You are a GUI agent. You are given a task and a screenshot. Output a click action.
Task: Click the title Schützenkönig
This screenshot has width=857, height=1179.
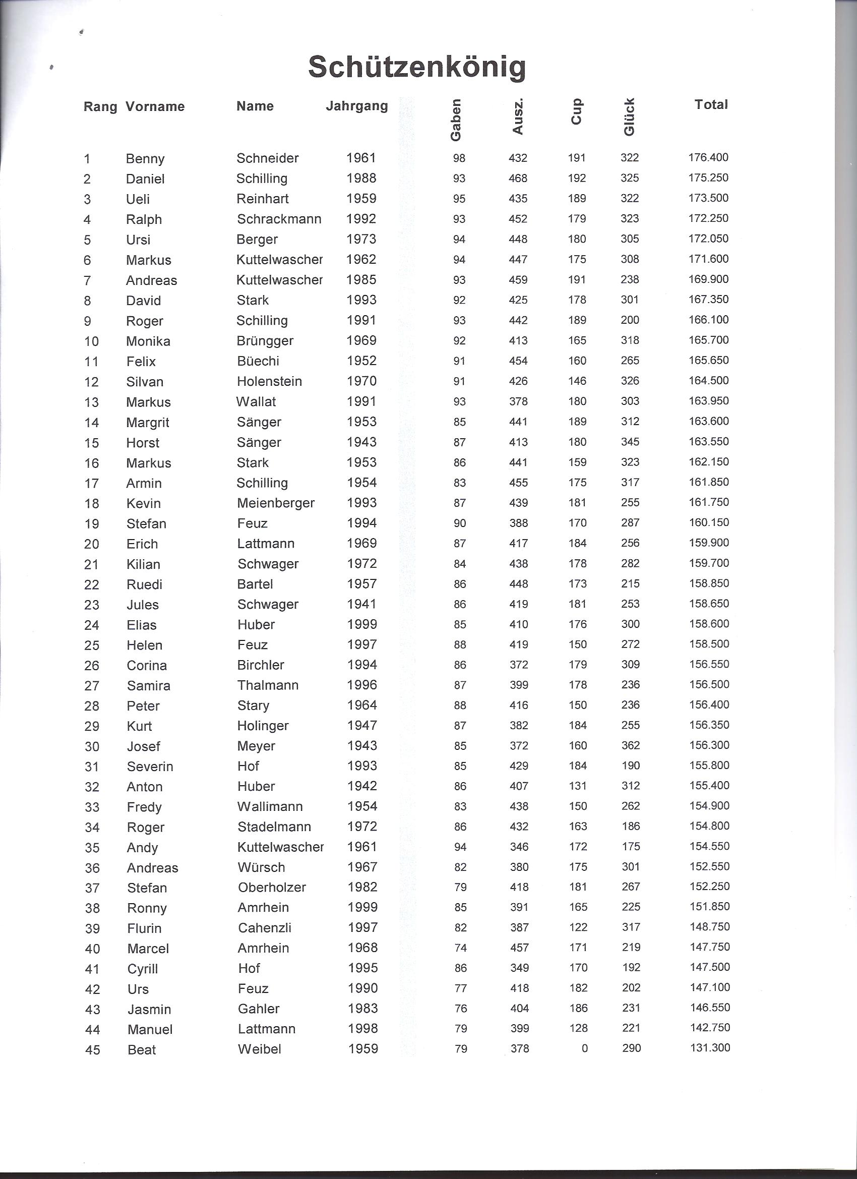417,68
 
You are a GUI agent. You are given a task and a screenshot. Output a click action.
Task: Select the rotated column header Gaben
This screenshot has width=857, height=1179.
456,120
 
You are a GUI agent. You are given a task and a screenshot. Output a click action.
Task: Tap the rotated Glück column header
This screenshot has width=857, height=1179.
629,117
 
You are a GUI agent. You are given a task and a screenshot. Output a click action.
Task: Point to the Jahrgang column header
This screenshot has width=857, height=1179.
356,106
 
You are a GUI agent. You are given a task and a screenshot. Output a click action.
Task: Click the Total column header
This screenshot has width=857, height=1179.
711,104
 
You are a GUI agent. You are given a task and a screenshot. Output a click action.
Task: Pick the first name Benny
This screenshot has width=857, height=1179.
145,158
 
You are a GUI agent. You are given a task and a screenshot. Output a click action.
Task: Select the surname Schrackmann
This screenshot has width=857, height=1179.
279,219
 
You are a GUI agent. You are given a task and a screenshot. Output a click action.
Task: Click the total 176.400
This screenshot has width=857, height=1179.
708,157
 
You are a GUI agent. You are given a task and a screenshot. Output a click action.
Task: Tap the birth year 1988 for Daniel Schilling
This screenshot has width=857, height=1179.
361,179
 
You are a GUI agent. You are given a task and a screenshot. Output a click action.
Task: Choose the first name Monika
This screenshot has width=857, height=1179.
148,341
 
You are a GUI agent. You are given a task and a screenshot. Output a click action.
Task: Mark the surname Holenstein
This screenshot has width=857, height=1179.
269,381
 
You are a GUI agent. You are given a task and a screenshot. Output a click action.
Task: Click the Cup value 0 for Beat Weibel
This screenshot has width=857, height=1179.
584,1048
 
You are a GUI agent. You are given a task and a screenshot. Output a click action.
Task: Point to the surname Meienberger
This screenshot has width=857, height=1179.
275,503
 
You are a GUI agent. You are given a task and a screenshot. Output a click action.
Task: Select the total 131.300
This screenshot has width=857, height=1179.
710,1047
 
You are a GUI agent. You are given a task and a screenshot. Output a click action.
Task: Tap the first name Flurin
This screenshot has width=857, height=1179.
145,928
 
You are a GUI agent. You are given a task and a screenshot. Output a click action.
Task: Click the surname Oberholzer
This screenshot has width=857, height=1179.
272,887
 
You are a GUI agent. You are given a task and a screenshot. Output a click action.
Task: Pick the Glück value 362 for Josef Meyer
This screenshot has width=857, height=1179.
631,745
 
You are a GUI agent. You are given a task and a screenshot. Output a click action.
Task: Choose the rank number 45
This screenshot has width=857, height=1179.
93,1049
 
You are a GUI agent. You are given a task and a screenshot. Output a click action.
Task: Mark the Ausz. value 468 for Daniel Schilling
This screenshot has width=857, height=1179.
518,179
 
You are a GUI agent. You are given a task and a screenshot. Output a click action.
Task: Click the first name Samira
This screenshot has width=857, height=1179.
149,685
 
